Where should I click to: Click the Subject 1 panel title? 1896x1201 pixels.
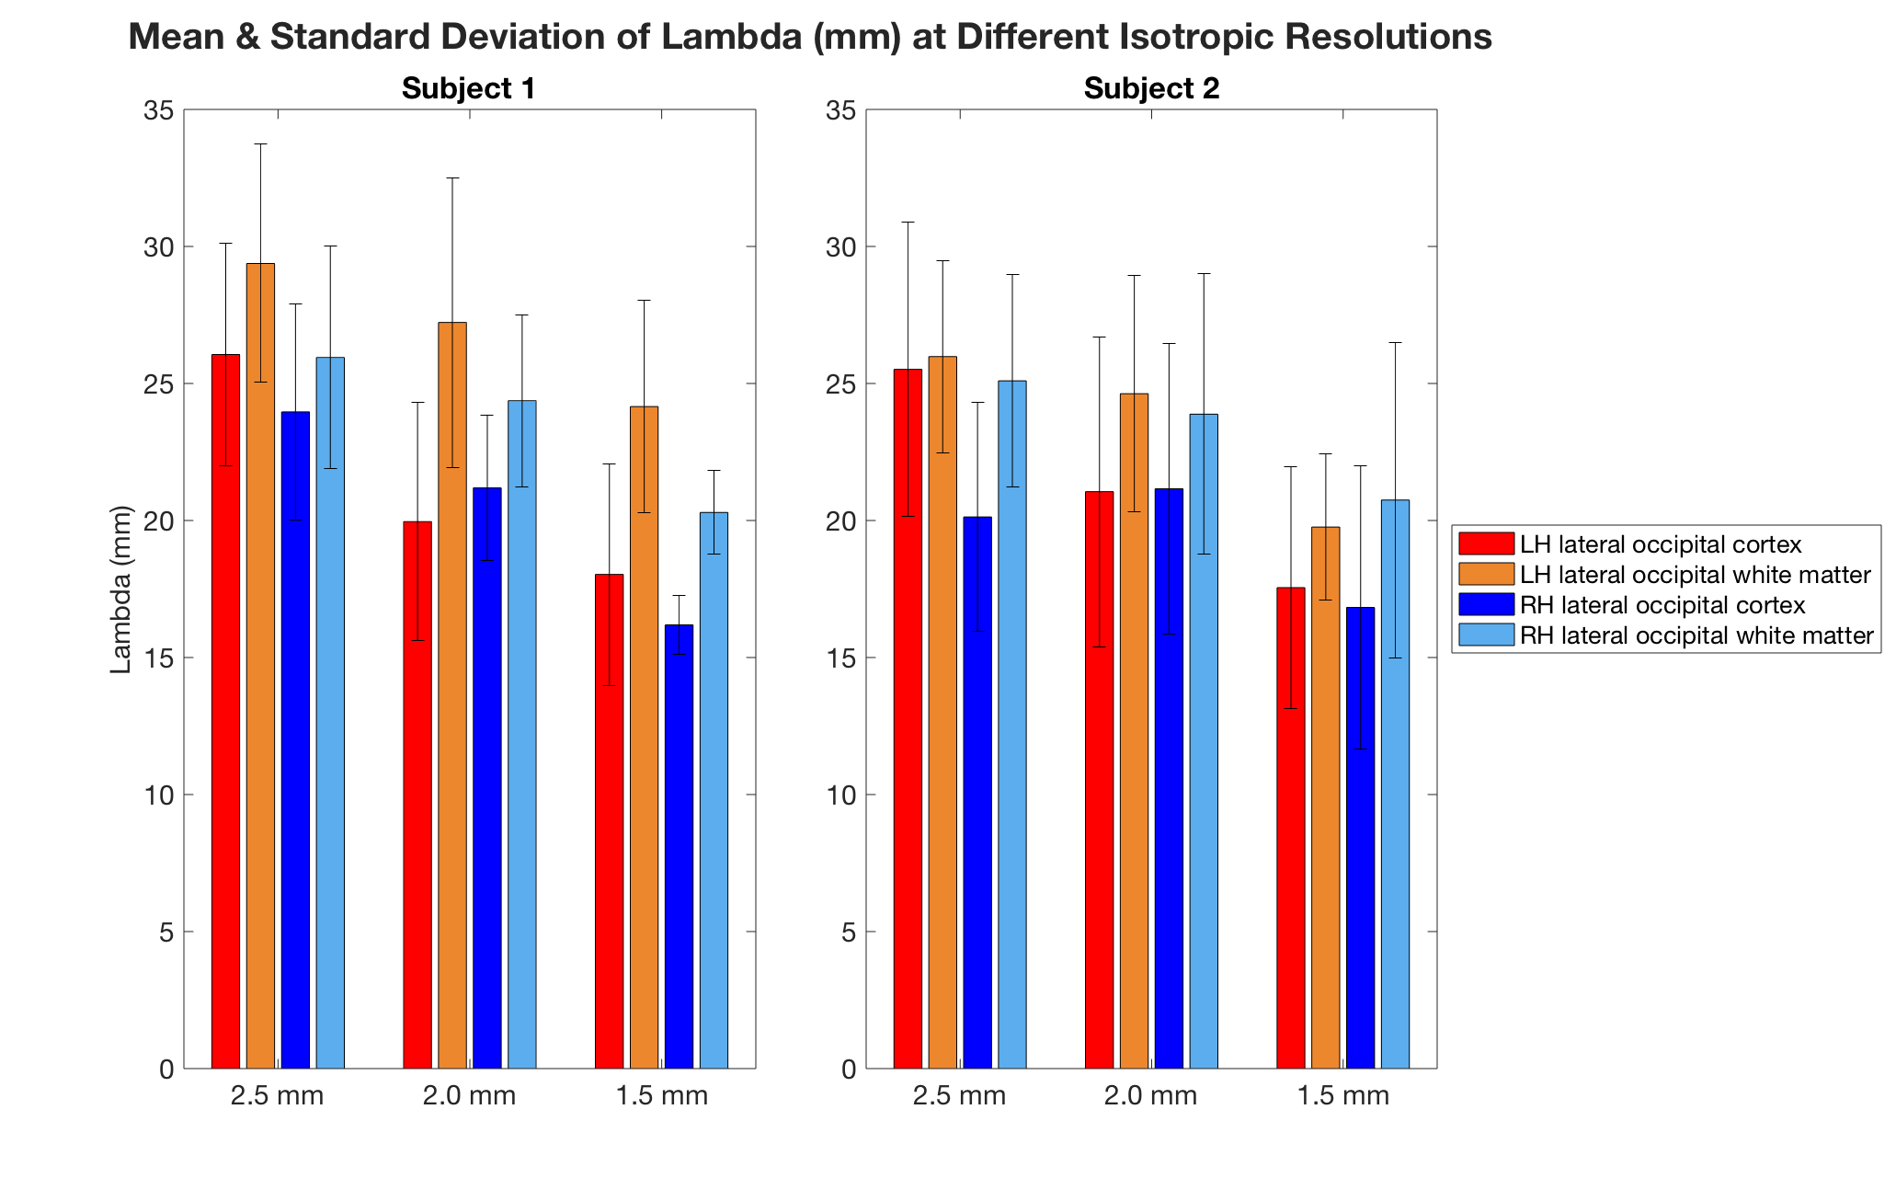[x=468, y=89]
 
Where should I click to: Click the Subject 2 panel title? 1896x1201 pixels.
[x=1151, y=89]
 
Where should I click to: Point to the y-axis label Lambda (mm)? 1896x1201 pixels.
[x=121, y=589]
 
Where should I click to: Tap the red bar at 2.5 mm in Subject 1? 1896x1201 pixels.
[x=225, y=717]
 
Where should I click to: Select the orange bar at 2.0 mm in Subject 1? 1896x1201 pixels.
[x=452, y=699]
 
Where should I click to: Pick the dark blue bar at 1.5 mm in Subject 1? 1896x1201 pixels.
[x=679, y=846]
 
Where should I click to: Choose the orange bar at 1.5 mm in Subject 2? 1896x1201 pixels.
[x=1325, y=800]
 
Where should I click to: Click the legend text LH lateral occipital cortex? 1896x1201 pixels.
[x=1661, y=544]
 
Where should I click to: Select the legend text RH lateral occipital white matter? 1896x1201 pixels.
[x=1696, y=635]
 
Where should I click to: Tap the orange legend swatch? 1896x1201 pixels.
[x=1486, y=575]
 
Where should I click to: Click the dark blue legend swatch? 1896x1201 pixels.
[x=1486, y=605]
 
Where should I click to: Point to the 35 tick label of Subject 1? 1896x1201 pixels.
[x=158, y=111]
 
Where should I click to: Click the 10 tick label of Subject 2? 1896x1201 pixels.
[x=840, y=795]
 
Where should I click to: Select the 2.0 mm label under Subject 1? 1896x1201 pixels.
[x=469, y=1096]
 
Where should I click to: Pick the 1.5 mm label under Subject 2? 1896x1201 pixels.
[x=1342, y=1096]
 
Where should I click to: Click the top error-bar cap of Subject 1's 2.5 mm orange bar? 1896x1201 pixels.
[x=260, y=144]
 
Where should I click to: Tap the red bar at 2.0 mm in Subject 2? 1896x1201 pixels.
[x=1099, y=782]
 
